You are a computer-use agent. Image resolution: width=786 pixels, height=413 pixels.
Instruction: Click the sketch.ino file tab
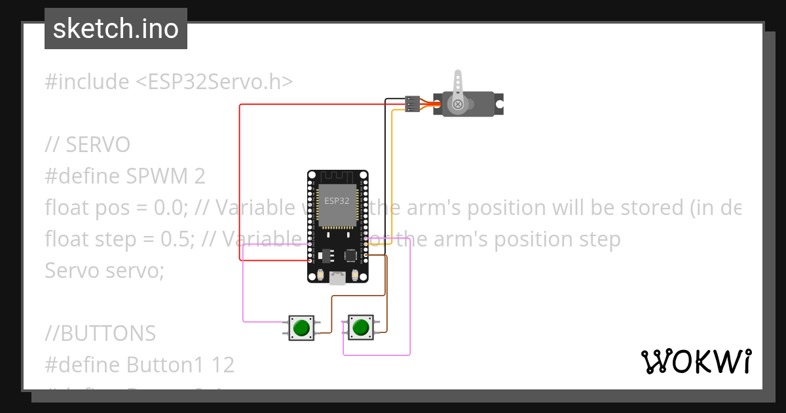tap(116, 29)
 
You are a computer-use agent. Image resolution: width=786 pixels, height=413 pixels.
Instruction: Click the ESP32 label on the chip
tap(337, 201)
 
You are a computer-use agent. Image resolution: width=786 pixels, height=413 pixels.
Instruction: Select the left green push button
tap(302, 327)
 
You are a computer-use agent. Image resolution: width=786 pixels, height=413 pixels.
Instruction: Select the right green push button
tap(360, 327)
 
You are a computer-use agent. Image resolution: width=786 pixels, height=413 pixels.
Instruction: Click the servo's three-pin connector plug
tap(412, 104)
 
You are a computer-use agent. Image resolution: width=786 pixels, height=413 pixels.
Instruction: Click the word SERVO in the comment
tap(98, 145)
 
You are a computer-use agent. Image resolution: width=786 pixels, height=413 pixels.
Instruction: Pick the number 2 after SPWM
tap(199, 176)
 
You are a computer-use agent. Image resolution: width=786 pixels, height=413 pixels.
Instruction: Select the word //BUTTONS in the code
tap(100, 334)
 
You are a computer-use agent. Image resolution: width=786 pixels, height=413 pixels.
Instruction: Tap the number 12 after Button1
tap(223, 364)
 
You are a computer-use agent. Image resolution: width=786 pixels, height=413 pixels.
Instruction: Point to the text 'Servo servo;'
tap(104, 270)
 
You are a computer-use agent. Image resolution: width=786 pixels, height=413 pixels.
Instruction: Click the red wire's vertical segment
tap(240, 184)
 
